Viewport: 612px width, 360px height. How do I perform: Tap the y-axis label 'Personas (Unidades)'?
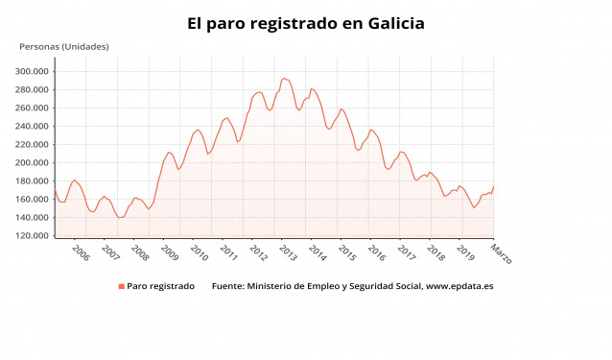pos(64,46)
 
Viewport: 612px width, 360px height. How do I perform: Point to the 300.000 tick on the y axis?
pos(32,71)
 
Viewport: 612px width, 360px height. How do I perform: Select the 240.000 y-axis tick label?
pos(32,126)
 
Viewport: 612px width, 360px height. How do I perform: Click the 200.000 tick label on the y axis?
pos(32,162)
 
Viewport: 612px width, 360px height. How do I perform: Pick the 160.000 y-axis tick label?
pos(32,199)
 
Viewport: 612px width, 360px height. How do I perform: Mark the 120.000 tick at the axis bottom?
pos(32,235)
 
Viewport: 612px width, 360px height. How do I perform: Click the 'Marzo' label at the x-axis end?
pos(501,254)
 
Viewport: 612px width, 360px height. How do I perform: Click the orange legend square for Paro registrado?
pos(122,286)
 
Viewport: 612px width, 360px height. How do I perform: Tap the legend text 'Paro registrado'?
pos(161,286)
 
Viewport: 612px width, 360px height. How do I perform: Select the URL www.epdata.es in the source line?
pos(459,286)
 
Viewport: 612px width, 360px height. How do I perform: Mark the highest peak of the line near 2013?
pos(284,78)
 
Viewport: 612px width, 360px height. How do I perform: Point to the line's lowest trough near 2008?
pos(120,218)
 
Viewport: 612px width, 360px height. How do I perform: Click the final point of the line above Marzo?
pos(493,187)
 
